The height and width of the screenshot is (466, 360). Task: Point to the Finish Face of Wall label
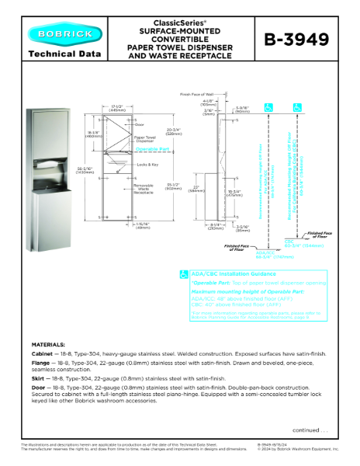tap(196, 93)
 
